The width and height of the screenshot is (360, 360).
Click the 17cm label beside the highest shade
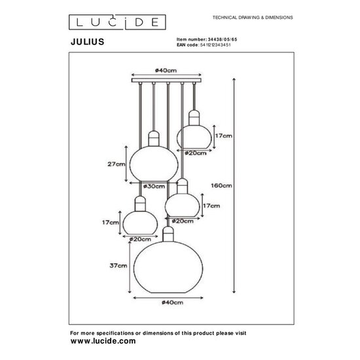tap(223, 135)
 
